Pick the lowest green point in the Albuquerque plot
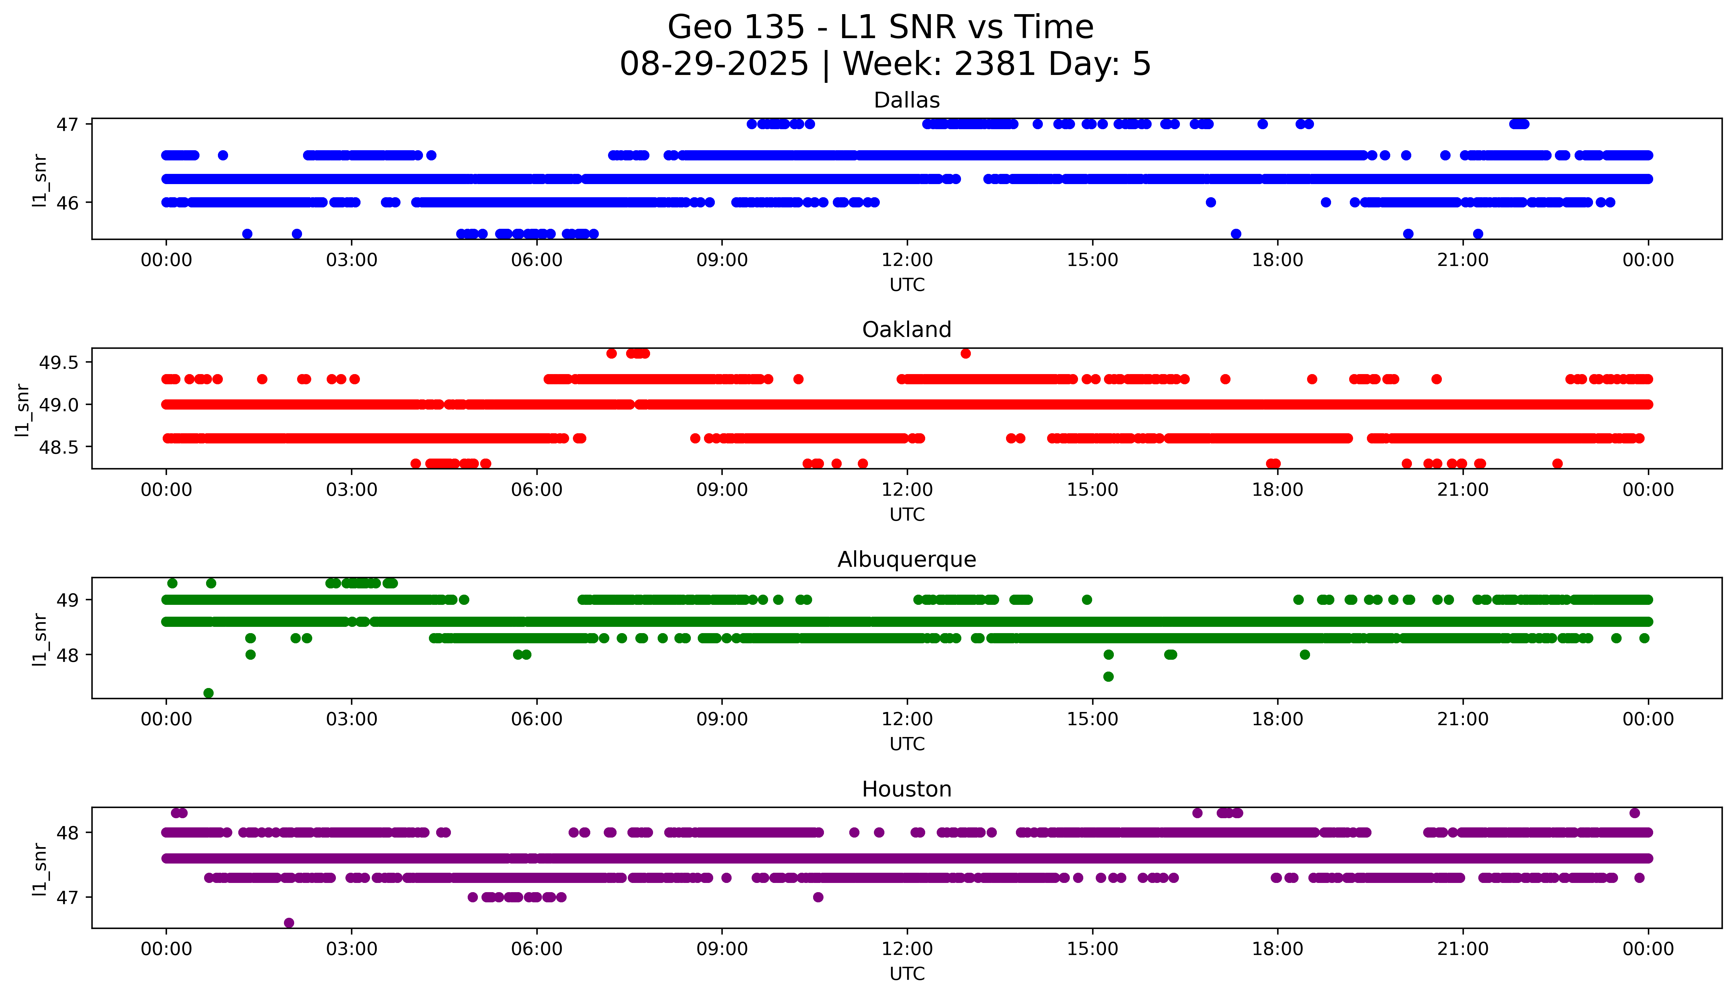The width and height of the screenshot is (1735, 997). (209, 693)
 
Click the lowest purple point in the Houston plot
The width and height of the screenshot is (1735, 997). (289, 922)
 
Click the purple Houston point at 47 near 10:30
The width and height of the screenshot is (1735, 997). (818, 897)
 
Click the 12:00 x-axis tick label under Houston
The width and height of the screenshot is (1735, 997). (907, 949)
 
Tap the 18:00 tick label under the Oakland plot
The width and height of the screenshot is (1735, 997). (1277, 489)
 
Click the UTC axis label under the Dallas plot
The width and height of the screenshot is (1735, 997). (907, 285)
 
